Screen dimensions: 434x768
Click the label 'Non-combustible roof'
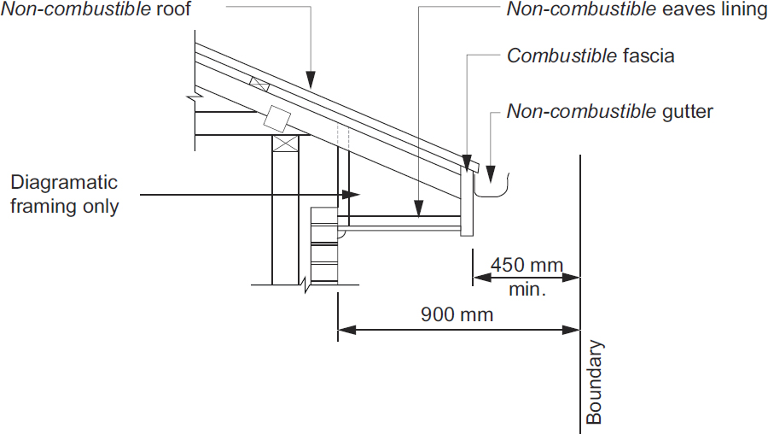click(x=96, y=9)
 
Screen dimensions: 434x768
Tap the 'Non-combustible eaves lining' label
click(x=637, y=9)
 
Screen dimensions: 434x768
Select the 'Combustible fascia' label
click(x=591, y=56)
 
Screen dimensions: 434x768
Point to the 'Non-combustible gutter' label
click(x=609, y=111)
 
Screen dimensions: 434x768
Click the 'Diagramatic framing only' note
click(x=65, y=195)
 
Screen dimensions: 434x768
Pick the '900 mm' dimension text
click(x=457, y=314)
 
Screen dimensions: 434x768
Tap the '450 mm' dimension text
click(x=527, y=265)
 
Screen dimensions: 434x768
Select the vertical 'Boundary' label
click(x=595, y=383)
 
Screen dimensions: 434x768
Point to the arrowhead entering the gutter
click(x=492, y=175)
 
